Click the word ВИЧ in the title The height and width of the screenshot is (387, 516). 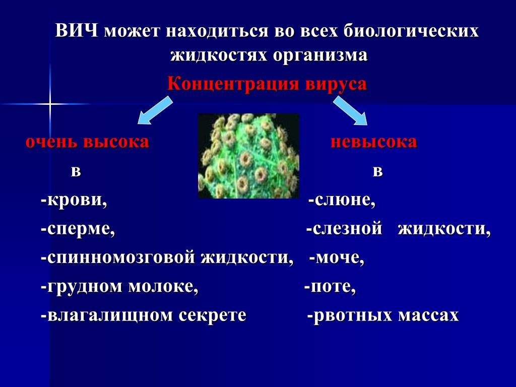(77, 31)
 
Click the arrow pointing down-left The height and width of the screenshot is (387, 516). (155, 110)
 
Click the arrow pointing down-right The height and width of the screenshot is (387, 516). (350, 110)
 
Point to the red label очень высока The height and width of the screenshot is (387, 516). (88, 142)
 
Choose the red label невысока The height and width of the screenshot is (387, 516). (374, 142)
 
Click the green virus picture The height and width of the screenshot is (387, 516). (248, 156)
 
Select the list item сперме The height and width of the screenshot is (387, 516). (78, 229)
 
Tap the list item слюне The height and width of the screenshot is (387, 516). (342, 200)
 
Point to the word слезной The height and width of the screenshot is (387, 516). (344, 229)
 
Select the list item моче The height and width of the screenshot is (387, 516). (337, 257)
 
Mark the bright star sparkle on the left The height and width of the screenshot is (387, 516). (50, 104)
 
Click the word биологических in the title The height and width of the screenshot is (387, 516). (411, 31)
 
